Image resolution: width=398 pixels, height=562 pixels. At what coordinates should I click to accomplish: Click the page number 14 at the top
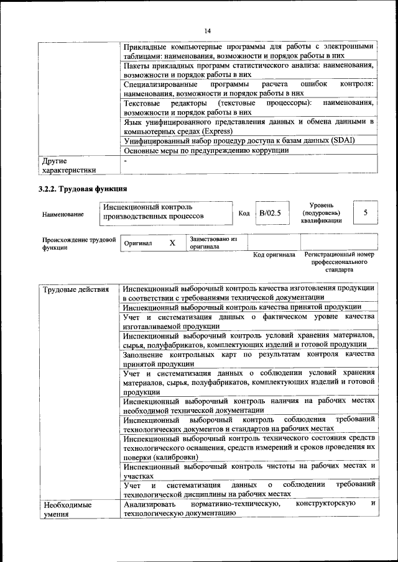tap(207, 31)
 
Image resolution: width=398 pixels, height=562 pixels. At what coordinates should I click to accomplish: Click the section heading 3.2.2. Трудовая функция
tap(83, 188)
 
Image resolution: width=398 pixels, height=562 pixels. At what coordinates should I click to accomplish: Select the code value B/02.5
tap(271, 213)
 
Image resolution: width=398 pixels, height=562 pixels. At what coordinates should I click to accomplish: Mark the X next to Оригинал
tap(172, 243)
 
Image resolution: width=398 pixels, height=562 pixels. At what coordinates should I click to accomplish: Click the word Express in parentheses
tap(218, 131)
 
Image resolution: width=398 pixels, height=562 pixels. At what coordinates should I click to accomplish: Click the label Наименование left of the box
tap(63, 214)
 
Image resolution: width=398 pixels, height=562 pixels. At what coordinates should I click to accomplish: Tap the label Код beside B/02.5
tap(244, 213)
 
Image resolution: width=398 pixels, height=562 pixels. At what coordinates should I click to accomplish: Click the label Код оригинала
tap(274, 255)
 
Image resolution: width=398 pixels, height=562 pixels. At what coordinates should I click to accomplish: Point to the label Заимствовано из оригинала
tap(214, 242)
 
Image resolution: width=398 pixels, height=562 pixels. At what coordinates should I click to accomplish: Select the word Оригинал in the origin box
tap(138, 243)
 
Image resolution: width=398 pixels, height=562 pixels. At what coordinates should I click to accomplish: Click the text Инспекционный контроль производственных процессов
tap(154, 212)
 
